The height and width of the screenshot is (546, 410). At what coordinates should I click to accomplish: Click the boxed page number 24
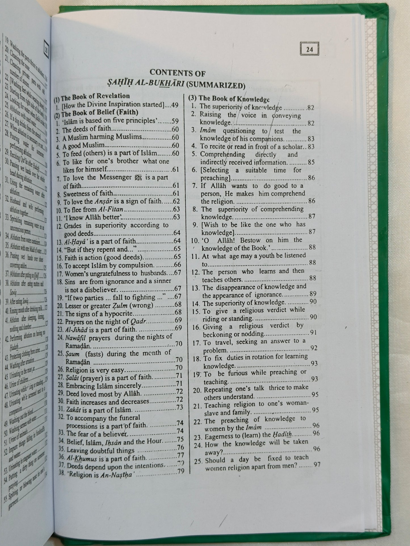click(309, 49)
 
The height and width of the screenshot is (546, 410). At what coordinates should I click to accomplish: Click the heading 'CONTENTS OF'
click(177, 73)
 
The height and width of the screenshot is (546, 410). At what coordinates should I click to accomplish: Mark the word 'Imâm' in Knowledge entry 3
click(208, 131)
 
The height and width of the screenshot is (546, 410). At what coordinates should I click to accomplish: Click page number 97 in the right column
click(317, 464)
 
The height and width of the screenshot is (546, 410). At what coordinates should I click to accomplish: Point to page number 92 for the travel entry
click(314, 348)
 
